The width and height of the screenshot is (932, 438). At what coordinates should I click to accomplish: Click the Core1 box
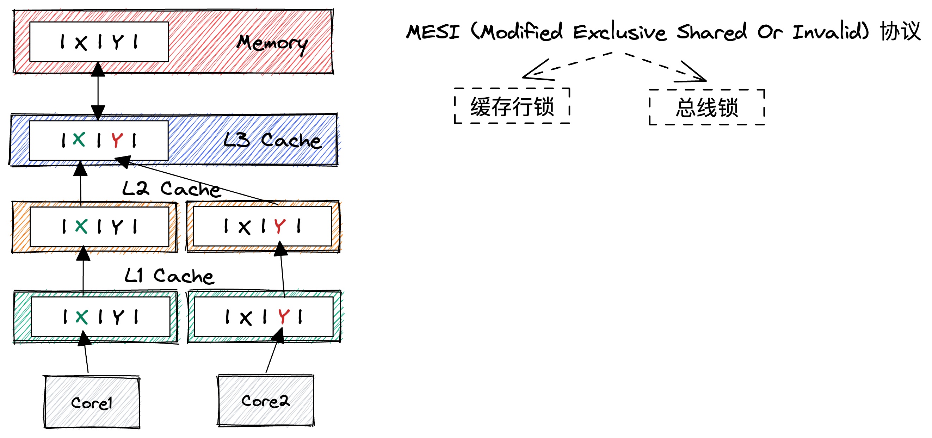click(92, 402)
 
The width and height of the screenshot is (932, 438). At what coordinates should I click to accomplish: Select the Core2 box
click(266, 400)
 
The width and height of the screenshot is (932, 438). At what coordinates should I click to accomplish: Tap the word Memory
click(272, 43)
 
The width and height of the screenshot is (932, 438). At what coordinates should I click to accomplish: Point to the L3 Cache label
click(272, 140)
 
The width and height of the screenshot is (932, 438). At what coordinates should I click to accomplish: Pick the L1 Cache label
click(169, 276)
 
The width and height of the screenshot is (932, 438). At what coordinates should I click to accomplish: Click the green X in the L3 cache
click(79, 139)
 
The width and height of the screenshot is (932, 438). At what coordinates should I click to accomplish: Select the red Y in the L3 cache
click(117, 140)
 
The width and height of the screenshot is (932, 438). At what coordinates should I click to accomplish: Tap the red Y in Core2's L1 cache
click(284, 316)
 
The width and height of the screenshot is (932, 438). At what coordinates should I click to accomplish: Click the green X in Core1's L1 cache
click(81, 317)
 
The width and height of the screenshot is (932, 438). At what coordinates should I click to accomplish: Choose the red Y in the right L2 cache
click(280, 227)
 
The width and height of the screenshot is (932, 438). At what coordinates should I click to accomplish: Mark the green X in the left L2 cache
click(81, 227)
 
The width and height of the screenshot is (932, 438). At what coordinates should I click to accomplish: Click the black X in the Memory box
click(81, 43)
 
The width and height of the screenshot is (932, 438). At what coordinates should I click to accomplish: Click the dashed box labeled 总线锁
click(707, 107)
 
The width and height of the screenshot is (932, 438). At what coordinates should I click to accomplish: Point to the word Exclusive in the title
click(619, 32)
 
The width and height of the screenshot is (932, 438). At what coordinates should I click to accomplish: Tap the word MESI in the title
click(433, 32)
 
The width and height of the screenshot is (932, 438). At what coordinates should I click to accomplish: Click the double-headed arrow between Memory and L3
click(98, 91)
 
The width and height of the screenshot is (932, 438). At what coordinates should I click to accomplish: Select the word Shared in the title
click(712, 32)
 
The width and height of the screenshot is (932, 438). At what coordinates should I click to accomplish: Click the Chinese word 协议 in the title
click(900, 31)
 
